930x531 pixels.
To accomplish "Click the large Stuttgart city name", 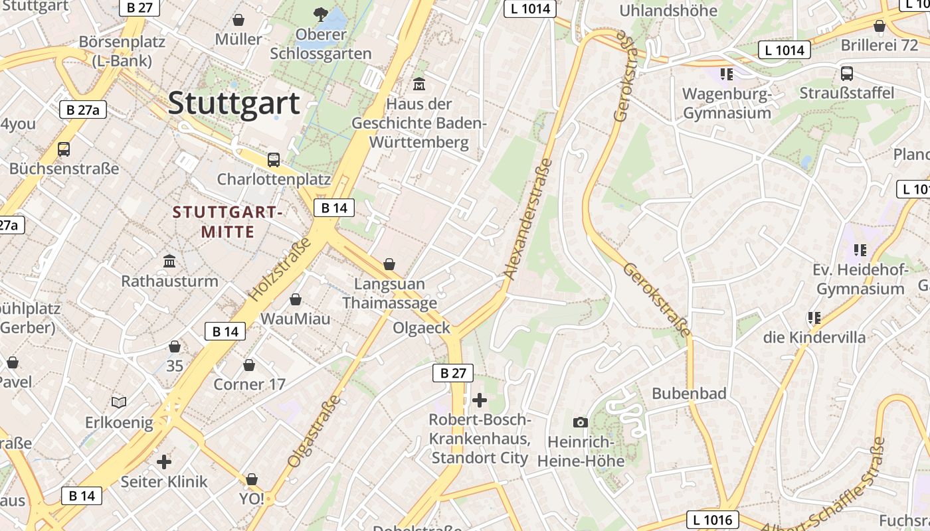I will click(x=234, y=104).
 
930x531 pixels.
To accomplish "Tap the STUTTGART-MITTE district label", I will click(x=228, y=222).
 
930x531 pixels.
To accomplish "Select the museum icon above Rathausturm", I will click(x=169, y=261).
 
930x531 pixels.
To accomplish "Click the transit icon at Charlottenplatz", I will click(x=273, y=159).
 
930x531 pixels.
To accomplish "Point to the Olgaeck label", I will click(x=421, y=328).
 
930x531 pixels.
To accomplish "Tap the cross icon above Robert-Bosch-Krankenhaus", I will click(x=479, y=400).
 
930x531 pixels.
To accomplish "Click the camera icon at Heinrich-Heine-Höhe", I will click(x=580, y=422).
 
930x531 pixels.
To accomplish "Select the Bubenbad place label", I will click(x=689, y=393).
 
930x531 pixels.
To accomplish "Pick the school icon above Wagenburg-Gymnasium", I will click(x=726, y=74).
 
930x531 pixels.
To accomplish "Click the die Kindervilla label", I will click(x=814, y=337).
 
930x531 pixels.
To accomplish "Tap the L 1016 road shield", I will click(x=712, y=520).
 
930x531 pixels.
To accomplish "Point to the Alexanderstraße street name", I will click(x=529, y=219).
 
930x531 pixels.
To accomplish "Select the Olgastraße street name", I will click(x=314, y=431).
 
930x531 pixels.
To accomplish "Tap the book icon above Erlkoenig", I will click(x=119, y=402).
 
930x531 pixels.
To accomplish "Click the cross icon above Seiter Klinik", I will click(x=164, y=461).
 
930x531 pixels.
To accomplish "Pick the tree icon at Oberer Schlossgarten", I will click(x=321, y=13).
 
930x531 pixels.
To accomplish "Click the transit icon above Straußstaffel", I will click(x=847, y=73).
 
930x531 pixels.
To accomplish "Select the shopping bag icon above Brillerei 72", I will click(x=879, y=26).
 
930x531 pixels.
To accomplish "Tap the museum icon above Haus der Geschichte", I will click(x=419, y=84).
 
